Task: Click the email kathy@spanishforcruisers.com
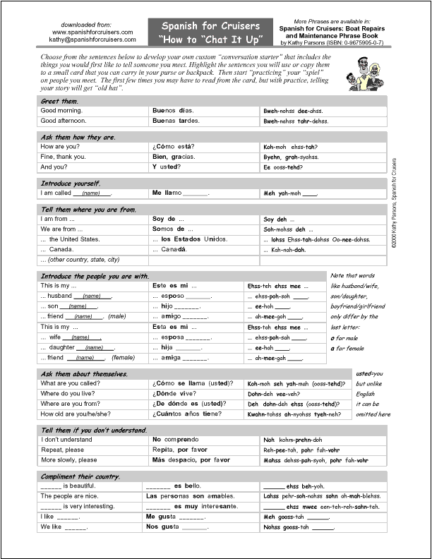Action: tap(92, 40)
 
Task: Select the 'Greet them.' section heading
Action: tap(59, 101)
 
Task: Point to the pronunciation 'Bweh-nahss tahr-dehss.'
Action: tap(296, 121)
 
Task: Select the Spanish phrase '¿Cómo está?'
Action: tap(173, 147)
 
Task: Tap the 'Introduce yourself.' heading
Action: tap(71, 183)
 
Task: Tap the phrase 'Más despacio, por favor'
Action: tap(191, 460)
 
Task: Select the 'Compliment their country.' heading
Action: tap(80, 476)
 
